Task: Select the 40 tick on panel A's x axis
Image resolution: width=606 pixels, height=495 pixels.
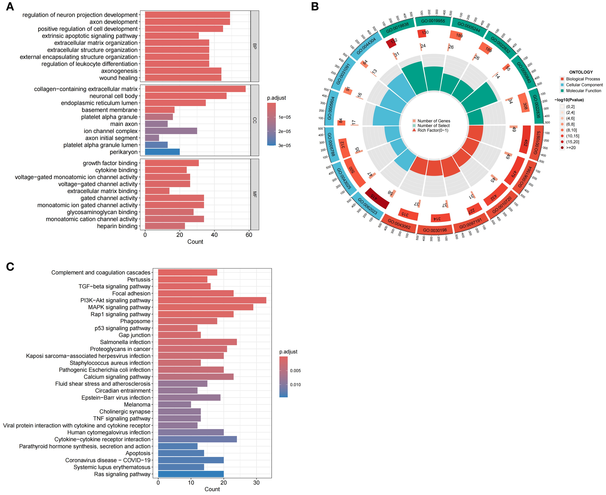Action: [214, 235]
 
